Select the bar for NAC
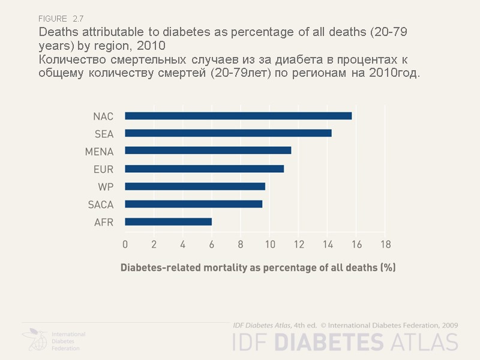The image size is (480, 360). (238, 116)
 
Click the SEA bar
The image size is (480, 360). (228, 133)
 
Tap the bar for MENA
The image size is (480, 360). (208, 151)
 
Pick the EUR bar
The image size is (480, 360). (204, 169)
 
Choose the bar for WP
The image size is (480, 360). (195, 187)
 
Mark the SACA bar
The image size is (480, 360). (193, 204)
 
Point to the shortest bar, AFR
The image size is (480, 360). (168, 222)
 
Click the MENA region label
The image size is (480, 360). (99, 151)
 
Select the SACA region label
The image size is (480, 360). (100, 205)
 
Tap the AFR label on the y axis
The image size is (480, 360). (104, 222)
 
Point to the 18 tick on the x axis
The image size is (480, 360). (385, 244)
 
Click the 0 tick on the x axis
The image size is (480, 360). (125, 244)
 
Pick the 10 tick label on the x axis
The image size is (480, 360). (269, 244)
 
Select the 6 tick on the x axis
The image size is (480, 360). (212, 244)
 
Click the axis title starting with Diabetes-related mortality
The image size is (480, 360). (258, 268)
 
